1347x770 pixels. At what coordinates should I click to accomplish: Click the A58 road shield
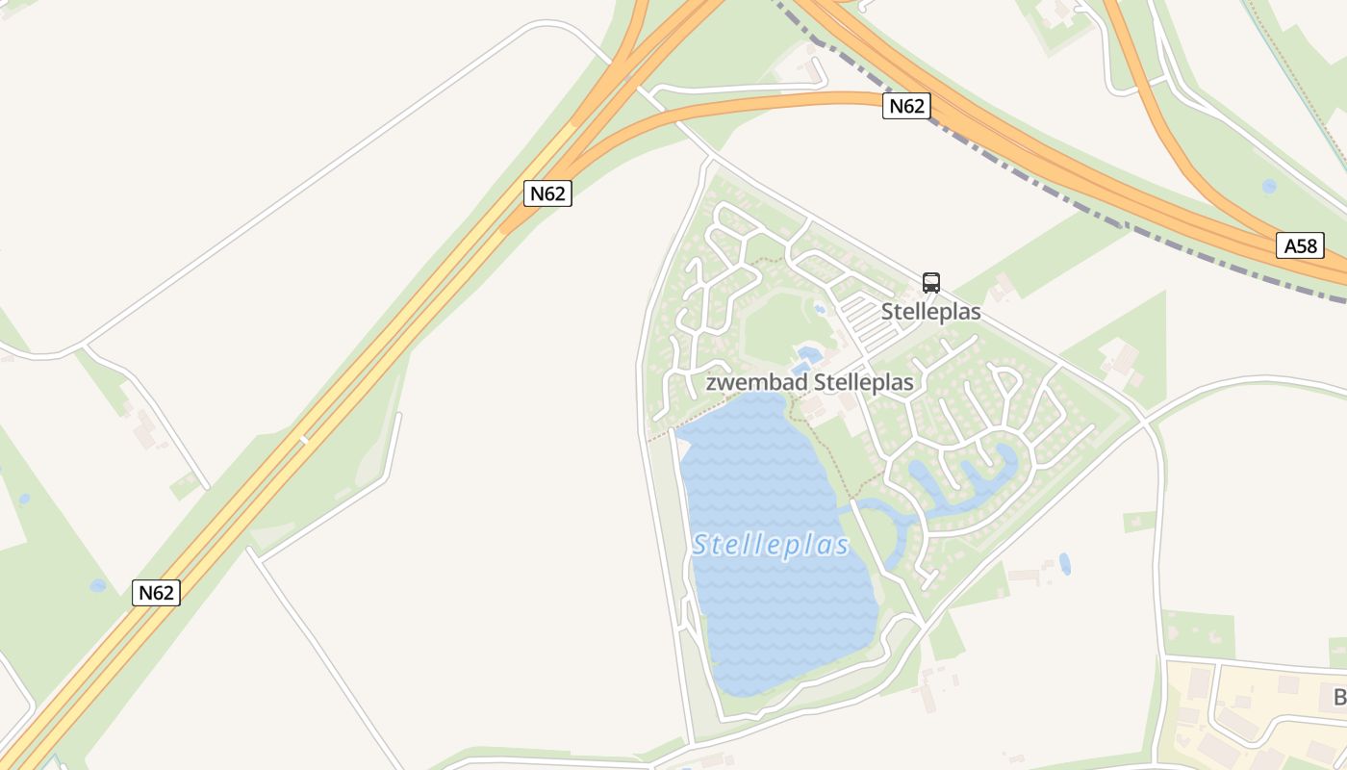[x=1300, y=245]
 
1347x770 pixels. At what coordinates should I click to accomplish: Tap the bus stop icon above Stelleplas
[x=930, y=282]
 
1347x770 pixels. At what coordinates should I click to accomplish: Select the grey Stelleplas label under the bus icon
[x=930, y=312]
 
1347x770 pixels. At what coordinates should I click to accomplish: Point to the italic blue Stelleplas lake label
[x=771, y=546]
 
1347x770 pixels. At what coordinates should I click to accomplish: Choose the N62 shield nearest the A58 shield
[x=905, y=106]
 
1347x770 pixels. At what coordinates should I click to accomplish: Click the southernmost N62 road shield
[x=156, y=592]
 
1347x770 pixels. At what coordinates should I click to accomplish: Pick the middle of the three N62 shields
[x=548, y=192]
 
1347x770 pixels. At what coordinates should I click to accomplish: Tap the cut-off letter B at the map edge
[x=1338, y=697]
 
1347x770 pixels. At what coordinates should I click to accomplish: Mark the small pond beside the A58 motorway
[x=1269, y=186]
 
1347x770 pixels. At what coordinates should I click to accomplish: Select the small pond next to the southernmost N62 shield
[x=98, y=585]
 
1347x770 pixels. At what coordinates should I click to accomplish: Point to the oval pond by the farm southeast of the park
[x=1064, y=563]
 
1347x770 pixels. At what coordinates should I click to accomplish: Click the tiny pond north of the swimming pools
[x=820, y=310]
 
